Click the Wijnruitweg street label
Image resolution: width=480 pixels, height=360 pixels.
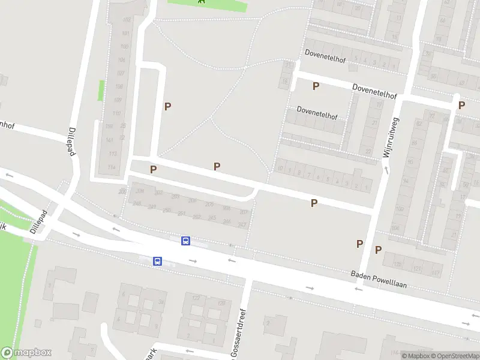(x=392, y=137)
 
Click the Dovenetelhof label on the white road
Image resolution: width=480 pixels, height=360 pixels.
(x=374, y=91)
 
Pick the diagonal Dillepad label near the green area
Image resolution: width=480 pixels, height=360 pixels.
(x=38, y=221)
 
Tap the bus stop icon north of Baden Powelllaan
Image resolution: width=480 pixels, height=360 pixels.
(x=186, y=241)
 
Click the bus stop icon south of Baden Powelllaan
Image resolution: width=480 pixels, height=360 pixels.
(x=157, y=261)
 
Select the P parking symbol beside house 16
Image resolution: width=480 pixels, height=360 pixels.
(x=316, y=86)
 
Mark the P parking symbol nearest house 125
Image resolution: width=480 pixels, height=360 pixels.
(x=379, y=250)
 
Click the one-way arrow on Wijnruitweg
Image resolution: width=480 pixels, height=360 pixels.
(x=386, y=170)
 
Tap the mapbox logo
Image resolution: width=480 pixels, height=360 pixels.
(x=26, y=353)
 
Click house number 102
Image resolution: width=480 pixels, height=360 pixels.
(x=126, y=20)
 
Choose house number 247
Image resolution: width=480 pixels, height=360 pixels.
(x=242, y=225)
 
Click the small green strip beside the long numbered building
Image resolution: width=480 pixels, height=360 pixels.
(x=101, y=91)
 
